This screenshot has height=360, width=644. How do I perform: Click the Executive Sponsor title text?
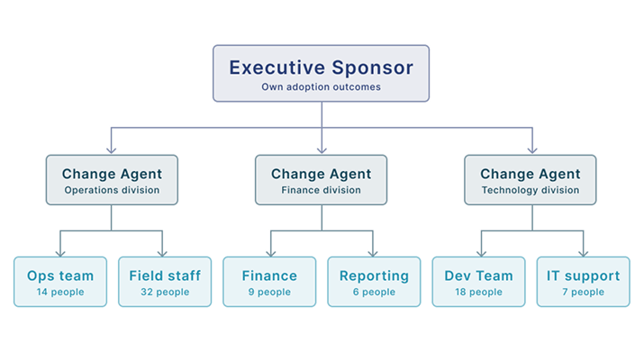coord(321,67)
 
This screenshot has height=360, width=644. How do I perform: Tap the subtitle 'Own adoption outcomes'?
coord(321,87)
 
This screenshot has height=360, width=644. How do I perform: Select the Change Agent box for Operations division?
coord(112,180)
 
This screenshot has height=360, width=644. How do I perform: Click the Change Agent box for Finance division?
coord(321,180)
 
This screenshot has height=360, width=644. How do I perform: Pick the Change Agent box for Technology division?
coord(530,180)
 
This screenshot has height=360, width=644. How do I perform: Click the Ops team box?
coord(60,282)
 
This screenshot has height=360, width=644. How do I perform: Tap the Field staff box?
coord(165,282)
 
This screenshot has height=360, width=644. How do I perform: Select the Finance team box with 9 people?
coord(269,282)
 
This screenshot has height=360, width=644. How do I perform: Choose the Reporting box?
coord(374,282)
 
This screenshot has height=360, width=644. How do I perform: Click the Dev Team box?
coord(478,282)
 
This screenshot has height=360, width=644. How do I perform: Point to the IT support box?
coord(583,282)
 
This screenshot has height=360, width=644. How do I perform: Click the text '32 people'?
coord(165,292)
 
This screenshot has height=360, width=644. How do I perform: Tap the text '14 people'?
coord(60,292)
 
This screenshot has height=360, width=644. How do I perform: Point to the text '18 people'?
coord(478,292)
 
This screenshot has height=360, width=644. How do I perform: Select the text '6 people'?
coord(374,292)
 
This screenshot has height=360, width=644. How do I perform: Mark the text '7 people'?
coord(583,292)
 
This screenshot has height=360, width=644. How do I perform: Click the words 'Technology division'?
coord(530,191)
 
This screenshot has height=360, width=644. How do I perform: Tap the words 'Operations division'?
coord(112,191)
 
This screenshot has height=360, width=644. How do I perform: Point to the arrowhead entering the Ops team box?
coord(60,253)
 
